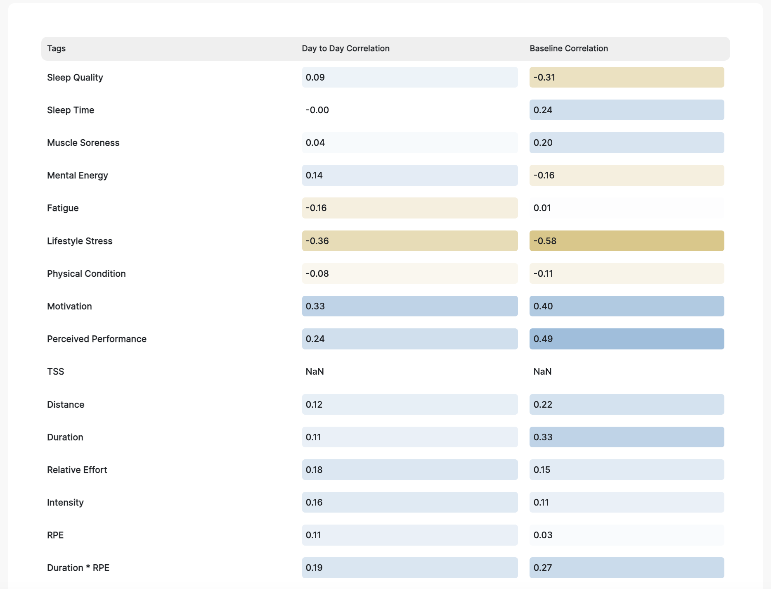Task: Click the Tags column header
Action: pos(57,48)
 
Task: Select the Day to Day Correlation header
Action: pos(345,48)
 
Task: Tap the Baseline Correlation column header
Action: pos(568,48)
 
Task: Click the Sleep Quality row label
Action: pos(75,77)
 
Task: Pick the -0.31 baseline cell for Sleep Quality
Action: pos(626,77)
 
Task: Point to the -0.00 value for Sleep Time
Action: pos(317,110)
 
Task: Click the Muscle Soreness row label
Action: pos(83,142)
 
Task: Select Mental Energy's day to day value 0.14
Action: pos(409,175)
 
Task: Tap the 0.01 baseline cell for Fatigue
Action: pos(626,208)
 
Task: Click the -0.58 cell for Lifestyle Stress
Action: pos(626,241)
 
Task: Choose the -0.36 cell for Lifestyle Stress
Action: pos(409,241)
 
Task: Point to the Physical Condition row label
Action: pos(86,273)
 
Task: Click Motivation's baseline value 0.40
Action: pos(626,306)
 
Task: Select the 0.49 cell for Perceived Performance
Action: pos(626,339)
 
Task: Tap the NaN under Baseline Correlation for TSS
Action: pos(542,371)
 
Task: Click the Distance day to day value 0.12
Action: pos(409,404)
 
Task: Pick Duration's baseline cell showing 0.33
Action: pos(626,437)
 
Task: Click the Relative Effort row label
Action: pos(77,470)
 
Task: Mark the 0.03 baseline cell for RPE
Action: pos(626,535)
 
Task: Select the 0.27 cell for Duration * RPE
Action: pos(626,568)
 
